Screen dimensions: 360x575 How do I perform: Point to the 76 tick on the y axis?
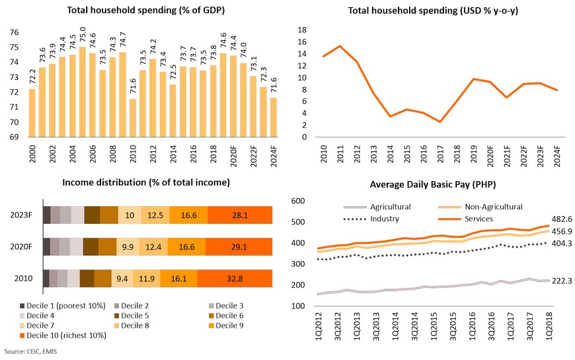14,32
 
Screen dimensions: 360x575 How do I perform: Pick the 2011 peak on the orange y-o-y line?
340,46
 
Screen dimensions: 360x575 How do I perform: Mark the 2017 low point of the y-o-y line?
439,122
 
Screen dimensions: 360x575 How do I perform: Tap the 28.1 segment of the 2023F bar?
239,215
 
